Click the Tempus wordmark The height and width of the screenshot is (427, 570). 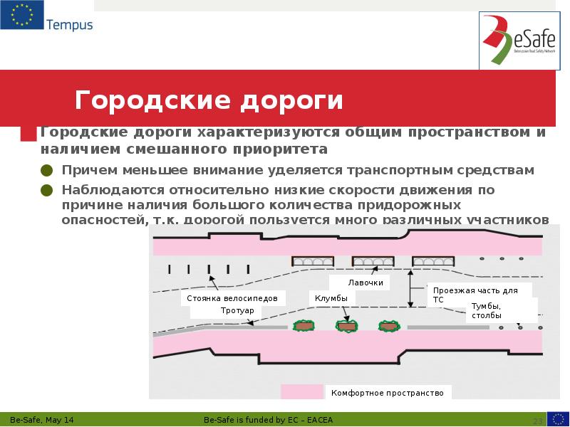pyautogui.click(x=69, y=25)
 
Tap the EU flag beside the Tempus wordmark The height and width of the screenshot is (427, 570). pyautogui.click(x=21, y=15)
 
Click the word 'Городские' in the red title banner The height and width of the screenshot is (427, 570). pyautogui.click(x=151, y=100)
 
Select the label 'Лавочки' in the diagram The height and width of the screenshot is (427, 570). pyautogui.click(x=366, y=283)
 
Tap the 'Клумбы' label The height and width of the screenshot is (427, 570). pyautogui.click(x=331, y=297)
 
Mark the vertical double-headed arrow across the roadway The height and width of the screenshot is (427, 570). pyautogui.click(x=410, y=288)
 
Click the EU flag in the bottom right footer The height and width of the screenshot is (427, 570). pyautogui.click(x=557, y=419)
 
